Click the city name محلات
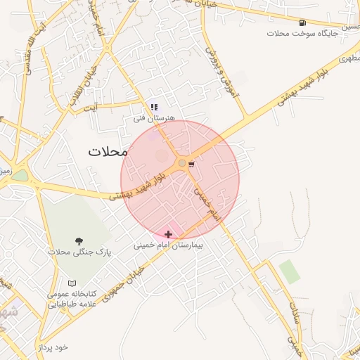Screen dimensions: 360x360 [108, 151]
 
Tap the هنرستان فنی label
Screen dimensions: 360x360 [154, 118]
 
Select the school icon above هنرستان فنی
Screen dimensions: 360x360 [154, 107]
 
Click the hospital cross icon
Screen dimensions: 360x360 [168, 233]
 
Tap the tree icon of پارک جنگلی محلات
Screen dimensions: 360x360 [78, 241]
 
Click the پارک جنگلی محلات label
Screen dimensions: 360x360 [79, 251]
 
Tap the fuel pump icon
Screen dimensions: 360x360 [302, 22]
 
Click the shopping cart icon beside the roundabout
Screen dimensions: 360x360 [192, 164]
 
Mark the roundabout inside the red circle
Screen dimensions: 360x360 [181, 163]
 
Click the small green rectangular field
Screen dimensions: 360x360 [289, 271]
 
